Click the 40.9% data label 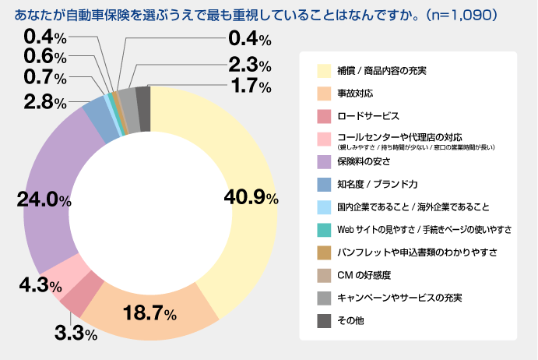pos(251,198)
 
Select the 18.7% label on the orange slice pos(150,314)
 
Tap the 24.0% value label pos(44,199)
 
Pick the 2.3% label pos(249,65)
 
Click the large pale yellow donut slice pos(241,156)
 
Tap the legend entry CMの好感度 pos(364,275)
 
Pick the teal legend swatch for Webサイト pos(324,230)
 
